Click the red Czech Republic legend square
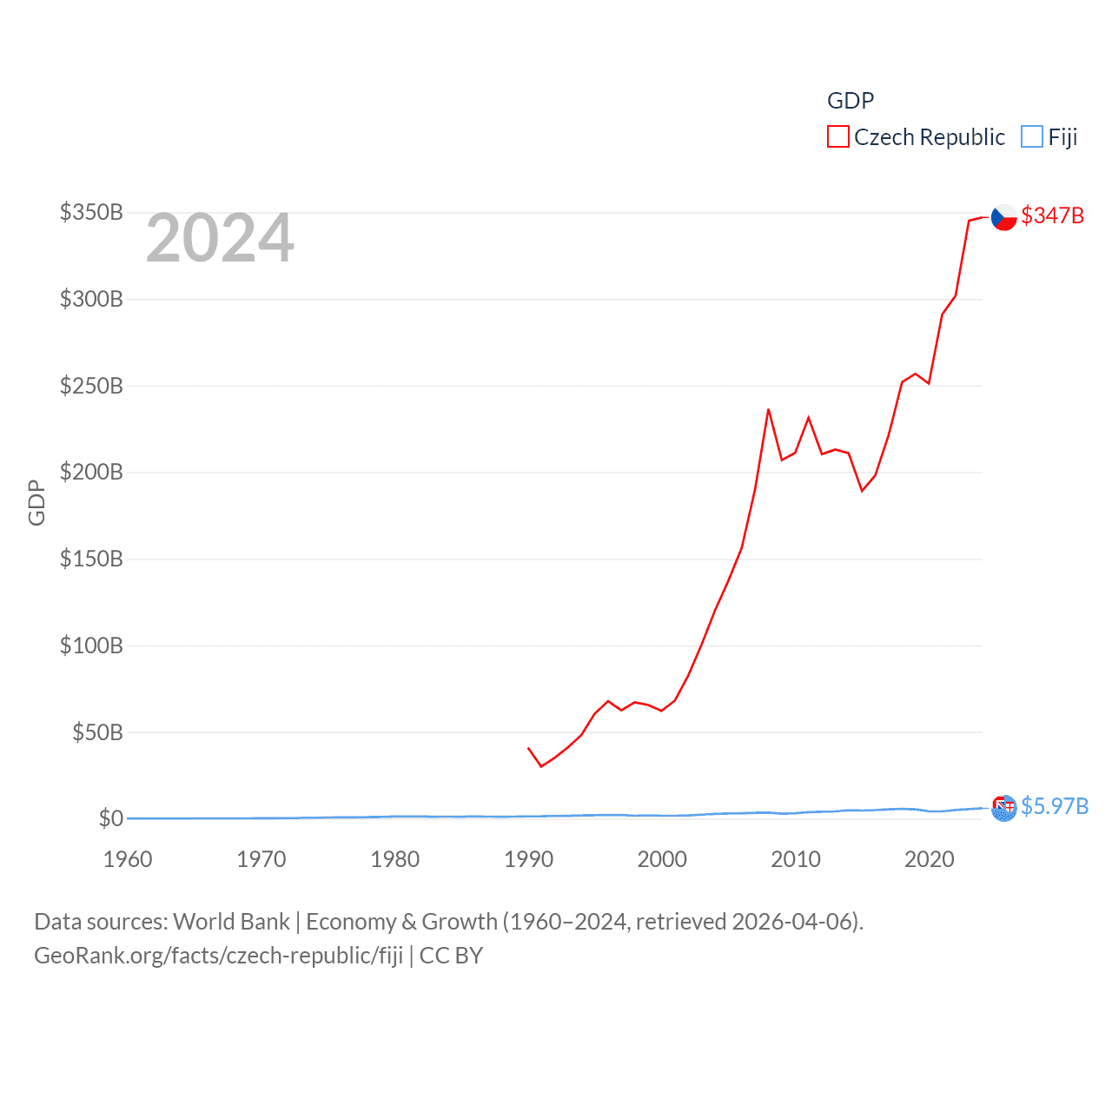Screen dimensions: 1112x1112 [x=837, y=137]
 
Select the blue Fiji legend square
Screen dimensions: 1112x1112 [x=1031, y=137]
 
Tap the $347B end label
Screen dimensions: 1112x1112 [x=1052, y=215]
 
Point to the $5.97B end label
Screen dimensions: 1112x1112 [x=1054, y=806]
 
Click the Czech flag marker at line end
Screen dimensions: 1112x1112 [x=1003, y=217]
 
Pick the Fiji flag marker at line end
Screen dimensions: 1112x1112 [x=1003, y=808]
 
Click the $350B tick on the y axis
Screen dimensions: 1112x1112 [x=91, y=213]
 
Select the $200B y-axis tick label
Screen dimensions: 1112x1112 [x=91, y=473]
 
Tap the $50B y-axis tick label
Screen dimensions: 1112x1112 [x=97, y=732]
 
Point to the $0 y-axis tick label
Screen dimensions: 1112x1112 [x=110, y=818]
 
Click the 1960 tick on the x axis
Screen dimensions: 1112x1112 [x=128, y=859]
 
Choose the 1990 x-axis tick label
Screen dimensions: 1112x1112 [x=528, y=859]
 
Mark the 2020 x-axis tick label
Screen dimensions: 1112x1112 [x=929, y=859]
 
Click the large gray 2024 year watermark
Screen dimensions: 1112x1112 [x=220, y=238]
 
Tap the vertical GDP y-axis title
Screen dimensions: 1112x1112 [x=36, y=502]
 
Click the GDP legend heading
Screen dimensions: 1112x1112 [x=850, y=101]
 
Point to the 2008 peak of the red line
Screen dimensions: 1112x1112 [x=768, y=409]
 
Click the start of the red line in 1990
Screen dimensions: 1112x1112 [x=528, y=747]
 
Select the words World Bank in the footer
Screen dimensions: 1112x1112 [x=231, y=921]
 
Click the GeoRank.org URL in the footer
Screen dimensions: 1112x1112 [x=218, y=956]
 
